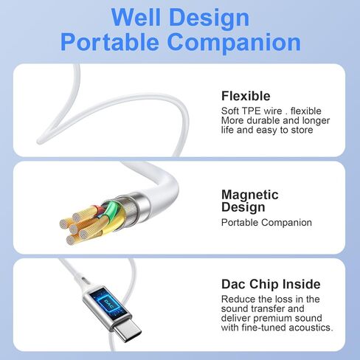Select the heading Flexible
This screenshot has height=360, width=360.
246,96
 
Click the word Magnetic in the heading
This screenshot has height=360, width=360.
250,195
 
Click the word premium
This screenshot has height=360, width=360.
271,319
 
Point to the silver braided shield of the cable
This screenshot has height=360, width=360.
134,209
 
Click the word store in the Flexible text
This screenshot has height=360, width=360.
302,130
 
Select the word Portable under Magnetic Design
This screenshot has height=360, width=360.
240,223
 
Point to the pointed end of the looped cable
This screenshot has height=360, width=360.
39,142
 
